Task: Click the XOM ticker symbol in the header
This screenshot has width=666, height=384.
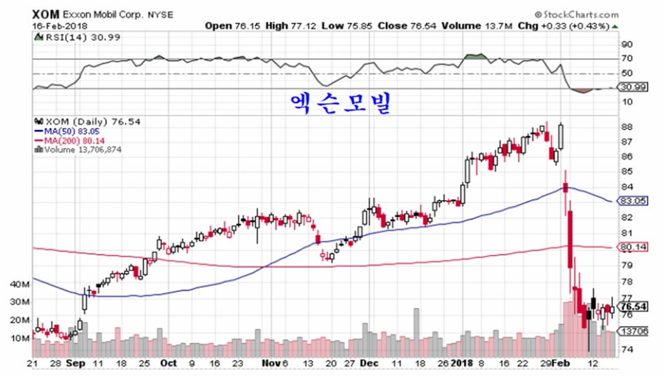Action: (x=45, y=14)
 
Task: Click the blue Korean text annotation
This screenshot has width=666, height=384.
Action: (x=340, y=104)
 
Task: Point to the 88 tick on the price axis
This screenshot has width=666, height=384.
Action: (x=627, y=127)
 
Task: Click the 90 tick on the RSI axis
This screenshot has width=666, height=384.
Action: (x=627, y=44)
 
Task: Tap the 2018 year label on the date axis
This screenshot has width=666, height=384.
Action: (x=461, y=363)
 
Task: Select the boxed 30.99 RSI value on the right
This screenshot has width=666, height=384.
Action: (x=634, y=89)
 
